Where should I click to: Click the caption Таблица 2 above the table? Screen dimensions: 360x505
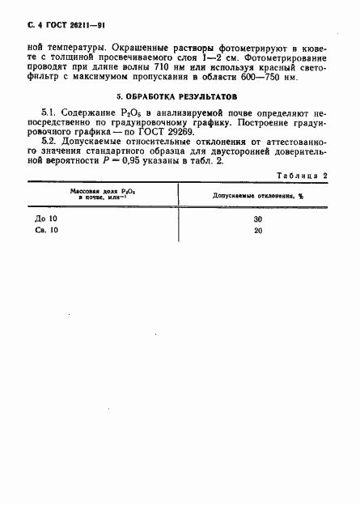point(301,175)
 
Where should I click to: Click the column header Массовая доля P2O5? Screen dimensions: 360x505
point(100,192)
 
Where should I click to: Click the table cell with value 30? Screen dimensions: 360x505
point(258,219)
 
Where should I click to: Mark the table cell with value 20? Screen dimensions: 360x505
point(258,231)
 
